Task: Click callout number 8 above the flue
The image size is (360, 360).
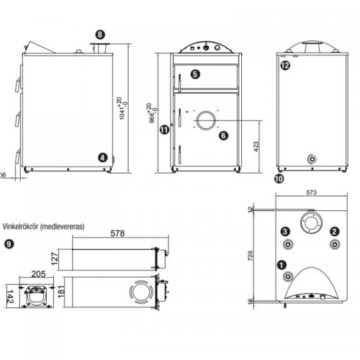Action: pos(99,34)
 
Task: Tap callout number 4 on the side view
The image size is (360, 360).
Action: pos(103,157)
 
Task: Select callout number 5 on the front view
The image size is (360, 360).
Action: pos(195,73)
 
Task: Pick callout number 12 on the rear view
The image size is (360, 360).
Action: pos(286,66)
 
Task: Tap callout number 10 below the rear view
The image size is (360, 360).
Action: pos(279,176)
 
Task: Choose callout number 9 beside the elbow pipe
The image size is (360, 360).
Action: pos(9,244)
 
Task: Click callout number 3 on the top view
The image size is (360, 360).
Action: pos(286,231)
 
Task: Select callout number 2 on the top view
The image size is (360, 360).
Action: pos(334,231)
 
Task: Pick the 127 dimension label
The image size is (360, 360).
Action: pos(54,258)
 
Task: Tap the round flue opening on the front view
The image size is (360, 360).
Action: pos(205,120)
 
